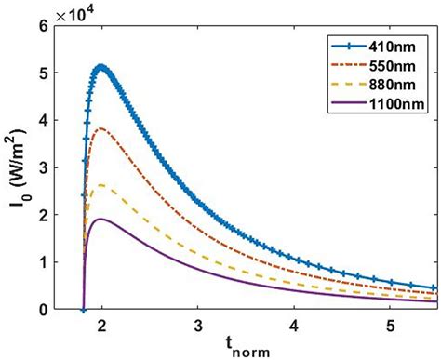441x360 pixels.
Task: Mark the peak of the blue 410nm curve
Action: [101, 66]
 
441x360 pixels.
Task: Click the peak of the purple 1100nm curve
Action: [101, 220]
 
